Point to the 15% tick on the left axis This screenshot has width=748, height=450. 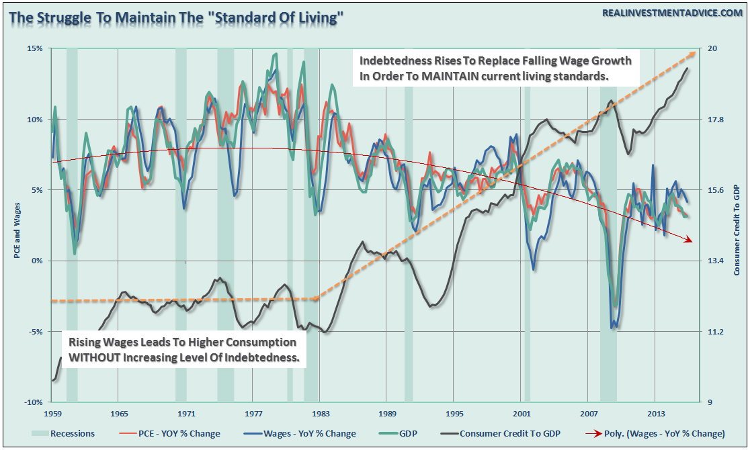35,49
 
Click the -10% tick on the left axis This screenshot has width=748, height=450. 34,402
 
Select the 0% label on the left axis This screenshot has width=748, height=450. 37,261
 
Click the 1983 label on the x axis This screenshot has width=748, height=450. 321,413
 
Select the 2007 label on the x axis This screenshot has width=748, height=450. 590,413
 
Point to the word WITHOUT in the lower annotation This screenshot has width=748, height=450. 94,357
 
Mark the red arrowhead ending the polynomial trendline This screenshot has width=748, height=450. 688,240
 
